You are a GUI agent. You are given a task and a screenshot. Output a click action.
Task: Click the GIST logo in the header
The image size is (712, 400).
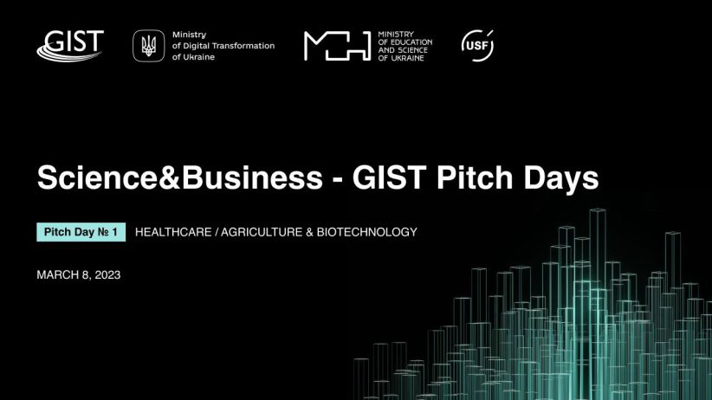point(70,45)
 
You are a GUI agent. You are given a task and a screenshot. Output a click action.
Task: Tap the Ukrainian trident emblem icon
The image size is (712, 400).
point(148,45)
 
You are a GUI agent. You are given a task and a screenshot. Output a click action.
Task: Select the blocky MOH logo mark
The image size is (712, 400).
point(338,46)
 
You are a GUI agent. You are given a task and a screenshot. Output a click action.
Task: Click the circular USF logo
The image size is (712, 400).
point(477,45)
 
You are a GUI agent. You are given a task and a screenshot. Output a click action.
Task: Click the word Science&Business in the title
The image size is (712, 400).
point(180,177)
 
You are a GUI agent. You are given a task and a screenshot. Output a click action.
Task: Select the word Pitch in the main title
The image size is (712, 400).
point(475,177)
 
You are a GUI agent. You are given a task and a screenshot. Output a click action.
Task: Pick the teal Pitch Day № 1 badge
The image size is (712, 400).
point(81,232)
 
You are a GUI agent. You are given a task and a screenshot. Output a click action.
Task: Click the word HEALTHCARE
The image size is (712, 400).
point(173,232)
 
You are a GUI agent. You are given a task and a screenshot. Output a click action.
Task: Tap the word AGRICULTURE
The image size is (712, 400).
point(262,232)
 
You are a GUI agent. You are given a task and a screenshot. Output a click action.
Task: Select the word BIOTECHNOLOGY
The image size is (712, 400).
point(367,232)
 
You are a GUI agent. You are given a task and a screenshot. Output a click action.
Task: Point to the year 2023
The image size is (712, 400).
point(107,274)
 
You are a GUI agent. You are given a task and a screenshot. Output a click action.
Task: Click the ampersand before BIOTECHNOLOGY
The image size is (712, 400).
point(310,232)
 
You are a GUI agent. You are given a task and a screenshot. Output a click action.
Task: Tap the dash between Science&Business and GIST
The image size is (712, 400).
point(338,180)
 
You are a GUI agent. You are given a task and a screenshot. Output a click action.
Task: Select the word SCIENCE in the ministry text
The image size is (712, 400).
point(411,50)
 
